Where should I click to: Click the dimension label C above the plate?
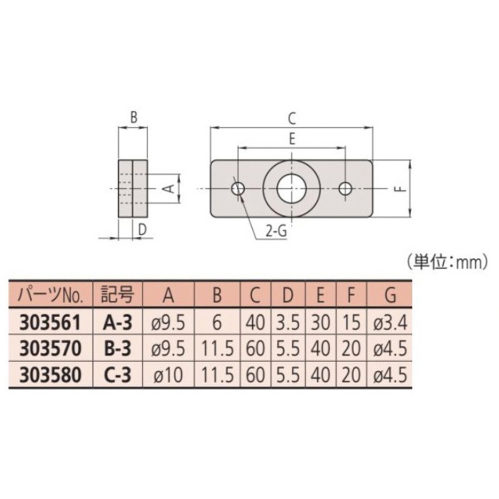pyautogui.click(x=292, y=119)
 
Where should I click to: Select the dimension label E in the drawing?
pyautogui.click(x=292, y=138)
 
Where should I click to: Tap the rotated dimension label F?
pyautogui.click(x=402, y=189)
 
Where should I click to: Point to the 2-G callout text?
pyautogui.click(x=276, y=231)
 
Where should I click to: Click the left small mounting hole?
pyautogui.click(x=238, y=189)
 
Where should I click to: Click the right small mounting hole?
pyautogui.click(x=345, y=189)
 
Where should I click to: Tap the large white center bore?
pyautogui.click(x=291, y=189)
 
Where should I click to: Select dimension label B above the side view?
pyautogui.click(x=134, y=117)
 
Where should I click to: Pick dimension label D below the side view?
pyautogui.click(x=142, y=229)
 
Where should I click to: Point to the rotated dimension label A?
pyautogui.click(x=170, y=188)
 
